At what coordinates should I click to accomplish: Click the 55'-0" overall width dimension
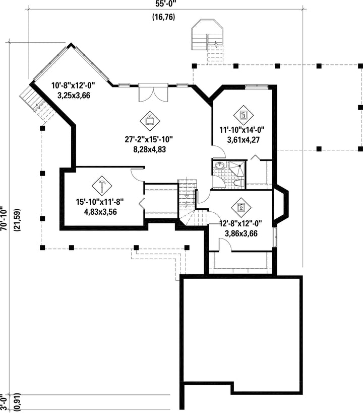pyautogui.click(x=165, y=4)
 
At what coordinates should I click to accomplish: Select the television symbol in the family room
pyautogui.click(x=150, y=121)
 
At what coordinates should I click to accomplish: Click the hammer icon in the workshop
pyautogui.click(x=102, y=186)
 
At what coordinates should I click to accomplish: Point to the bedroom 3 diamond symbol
pyautogui.click(x=244, y=115)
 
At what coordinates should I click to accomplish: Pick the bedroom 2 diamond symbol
pyautogui.click(x=241, y=207)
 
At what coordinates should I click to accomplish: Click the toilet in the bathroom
pyautogui.click(x=239, y=183)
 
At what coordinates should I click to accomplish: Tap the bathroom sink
pyautogui.click(x=220, y=166)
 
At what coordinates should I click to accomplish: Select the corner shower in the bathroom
pyautogui.click(x=237, y=169)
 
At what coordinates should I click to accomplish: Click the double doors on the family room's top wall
pyautogui.click(x=153, y=93)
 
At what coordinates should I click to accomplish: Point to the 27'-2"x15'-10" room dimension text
pyautogui.click(x=149, y=139)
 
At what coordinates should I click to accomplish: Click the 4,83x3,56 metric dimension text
pyautogui.click(x=100, y=212)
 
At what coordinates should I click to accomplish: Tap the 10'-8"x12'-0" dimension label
pyautogui.click(x=73, y=86)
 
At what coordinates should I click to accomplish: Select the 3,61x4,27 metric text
pyautogui.click(x=244, y=140)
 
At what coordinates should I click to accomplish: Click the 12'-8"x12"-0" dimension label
pyautogui.click(x=241, y=224)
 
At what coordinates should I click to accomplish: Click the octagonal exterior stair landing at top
pyautogui.click(x=208, y=34)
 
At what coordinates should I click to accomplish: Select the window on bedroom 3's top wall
pyautogui.click(x=257, y=87)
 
